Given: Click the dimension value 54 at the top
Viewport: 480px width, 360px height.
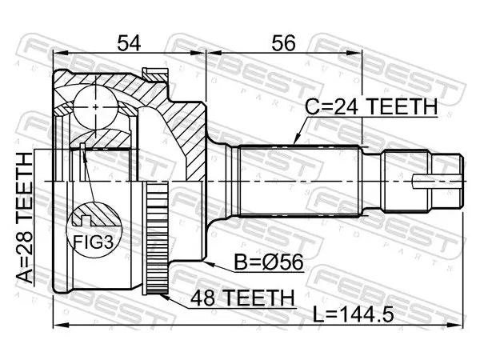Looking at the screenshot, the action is tap(129, 42).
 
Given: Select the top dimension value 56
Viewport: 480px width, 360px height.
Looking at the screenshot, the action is tap(283, 42).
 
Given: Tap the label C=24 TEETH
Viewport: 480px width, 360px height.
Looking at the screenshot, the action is tap(371, 106).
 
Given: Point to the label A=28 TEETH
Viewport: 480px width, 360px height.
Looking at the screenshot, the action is tap(25, 218).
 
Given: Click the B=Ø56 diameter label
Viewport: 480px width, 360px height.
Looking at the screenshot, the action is tap(269, 262).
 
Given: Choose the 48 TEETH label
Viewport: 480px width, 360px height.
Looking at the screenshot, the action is tap(242, 298).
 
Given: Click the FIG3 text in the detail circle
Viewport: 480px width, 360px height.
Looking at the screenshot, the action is tap(94, 242).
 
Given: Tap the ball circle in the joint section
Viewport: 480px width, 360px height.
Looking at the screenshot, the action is tap(96, 107).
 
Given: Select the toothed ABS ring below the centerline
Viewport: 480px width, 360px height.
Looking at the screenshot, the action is tap(156, 238).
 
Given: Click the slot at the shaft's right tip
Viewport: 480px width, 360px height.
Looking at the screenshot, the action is tap(437, 182).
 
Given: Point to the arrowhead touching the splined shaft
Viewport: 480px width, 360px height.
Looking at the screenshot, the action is tap(296, 140).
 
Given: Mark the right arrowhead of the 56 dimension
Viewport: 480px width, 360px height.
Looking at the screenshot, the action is tap(354, 54).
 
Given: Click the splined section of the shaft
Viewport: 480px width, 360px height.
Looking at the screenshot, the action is tap(298, 182).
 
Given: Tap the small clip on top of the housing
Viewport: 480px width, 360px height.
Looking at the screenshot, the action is tap(155, 74).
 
